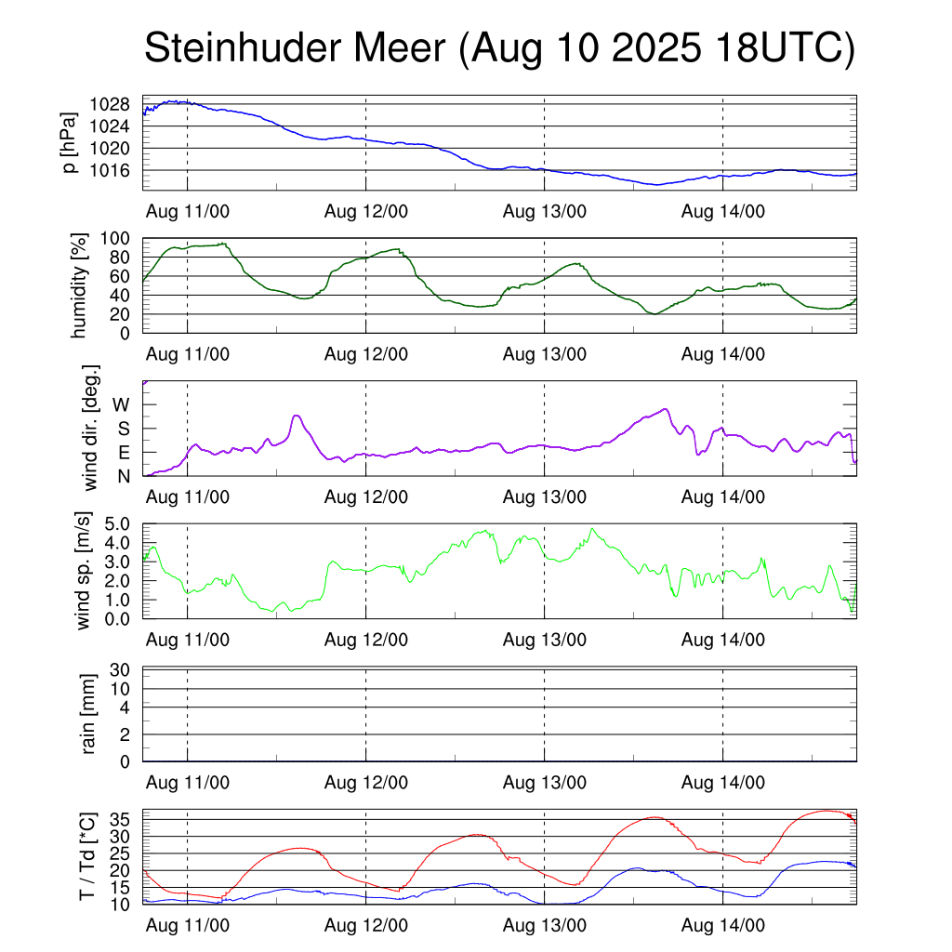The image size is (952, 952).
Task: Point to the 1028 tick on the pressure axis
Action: pos(115,104)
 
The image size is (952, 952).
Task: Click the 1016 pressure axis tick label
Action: pos(115,171)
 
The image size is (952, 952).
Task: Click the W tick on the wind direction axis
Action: pos(122,405)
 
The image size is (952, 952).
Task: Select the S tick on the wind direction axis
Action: pos(123,430)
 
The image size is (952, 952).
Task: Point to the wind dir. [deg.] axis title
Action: pos(90,428)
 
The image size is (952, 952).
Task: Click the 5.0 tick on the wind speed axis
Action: pos(116,524)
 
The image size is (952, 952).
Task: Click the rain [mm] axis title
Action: pos(90,715)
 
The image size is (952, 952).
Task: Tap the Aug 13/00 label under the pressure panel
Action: pos(545,211)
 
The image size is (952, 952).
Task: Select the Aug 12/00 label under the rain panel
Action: pos(366,783)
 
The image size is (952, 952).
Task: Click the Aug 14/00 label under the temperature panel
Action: pos(723,925)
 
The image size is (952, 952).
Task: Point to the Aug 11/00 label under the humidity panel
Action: pos(188,353)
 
